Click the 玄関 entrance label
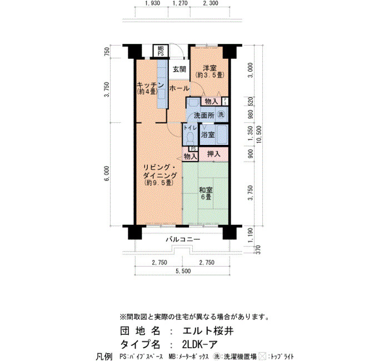179,69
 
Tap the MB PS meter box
161,51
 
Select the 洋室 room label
210,68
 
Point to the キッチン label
151,85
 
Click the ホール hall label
179,88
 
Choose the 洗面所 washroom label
204,116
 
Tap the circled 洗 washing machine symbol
221,114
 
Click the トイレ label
190,128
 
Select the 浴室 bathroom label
208,135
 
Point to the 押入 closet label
213,154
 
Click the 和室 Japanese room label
206,190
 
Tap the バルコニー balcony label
183,239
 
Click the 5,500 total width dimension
183,271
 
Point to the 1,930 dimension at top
153,3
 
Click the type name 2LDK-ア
200,344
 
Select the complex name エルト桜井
208,331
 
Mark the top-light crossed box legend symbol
262,357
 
